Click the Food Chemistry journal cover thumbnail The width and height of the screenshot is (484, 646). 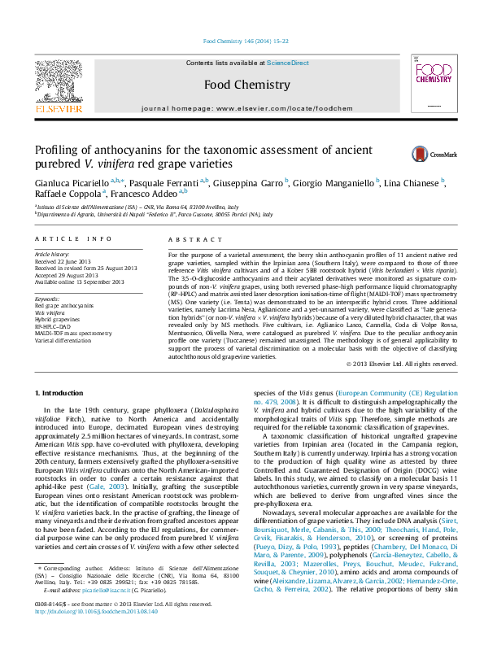pos(426,85)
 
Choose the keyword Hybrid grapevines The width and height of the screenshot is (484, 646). pos(57,320)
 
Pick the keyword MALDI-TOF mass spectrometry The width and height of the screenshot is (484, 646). pos(73,334)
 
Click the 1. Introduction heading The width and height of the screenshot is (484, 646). pos(60,393)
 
